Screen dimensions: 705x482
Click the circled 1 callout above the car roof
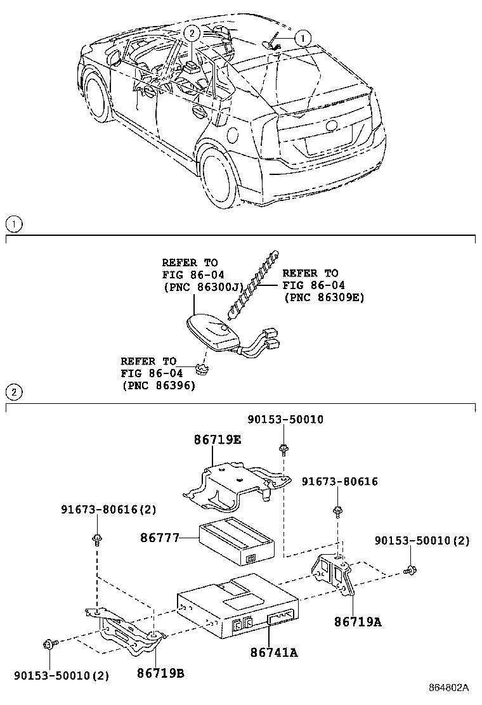pos(303,38)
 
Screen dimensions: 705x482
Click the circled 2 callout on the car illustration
pos(192,32)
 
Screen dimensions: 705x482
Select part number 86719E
pos(217,439)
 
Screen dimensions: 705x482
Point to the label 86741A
pos(273,651)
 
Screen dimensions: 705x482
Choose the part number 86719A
pos(358,622)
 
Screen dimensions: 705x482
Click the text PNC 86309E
pos(324,296)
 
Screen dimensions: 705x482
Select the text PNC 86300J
pos(199,286)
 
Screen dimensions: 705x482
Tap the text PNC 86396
pos(158,385)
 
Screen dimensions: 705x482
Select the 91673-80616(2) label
pos(108,509)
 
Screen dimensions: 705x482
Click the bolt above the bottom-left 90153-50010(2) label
pos(49,645)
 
